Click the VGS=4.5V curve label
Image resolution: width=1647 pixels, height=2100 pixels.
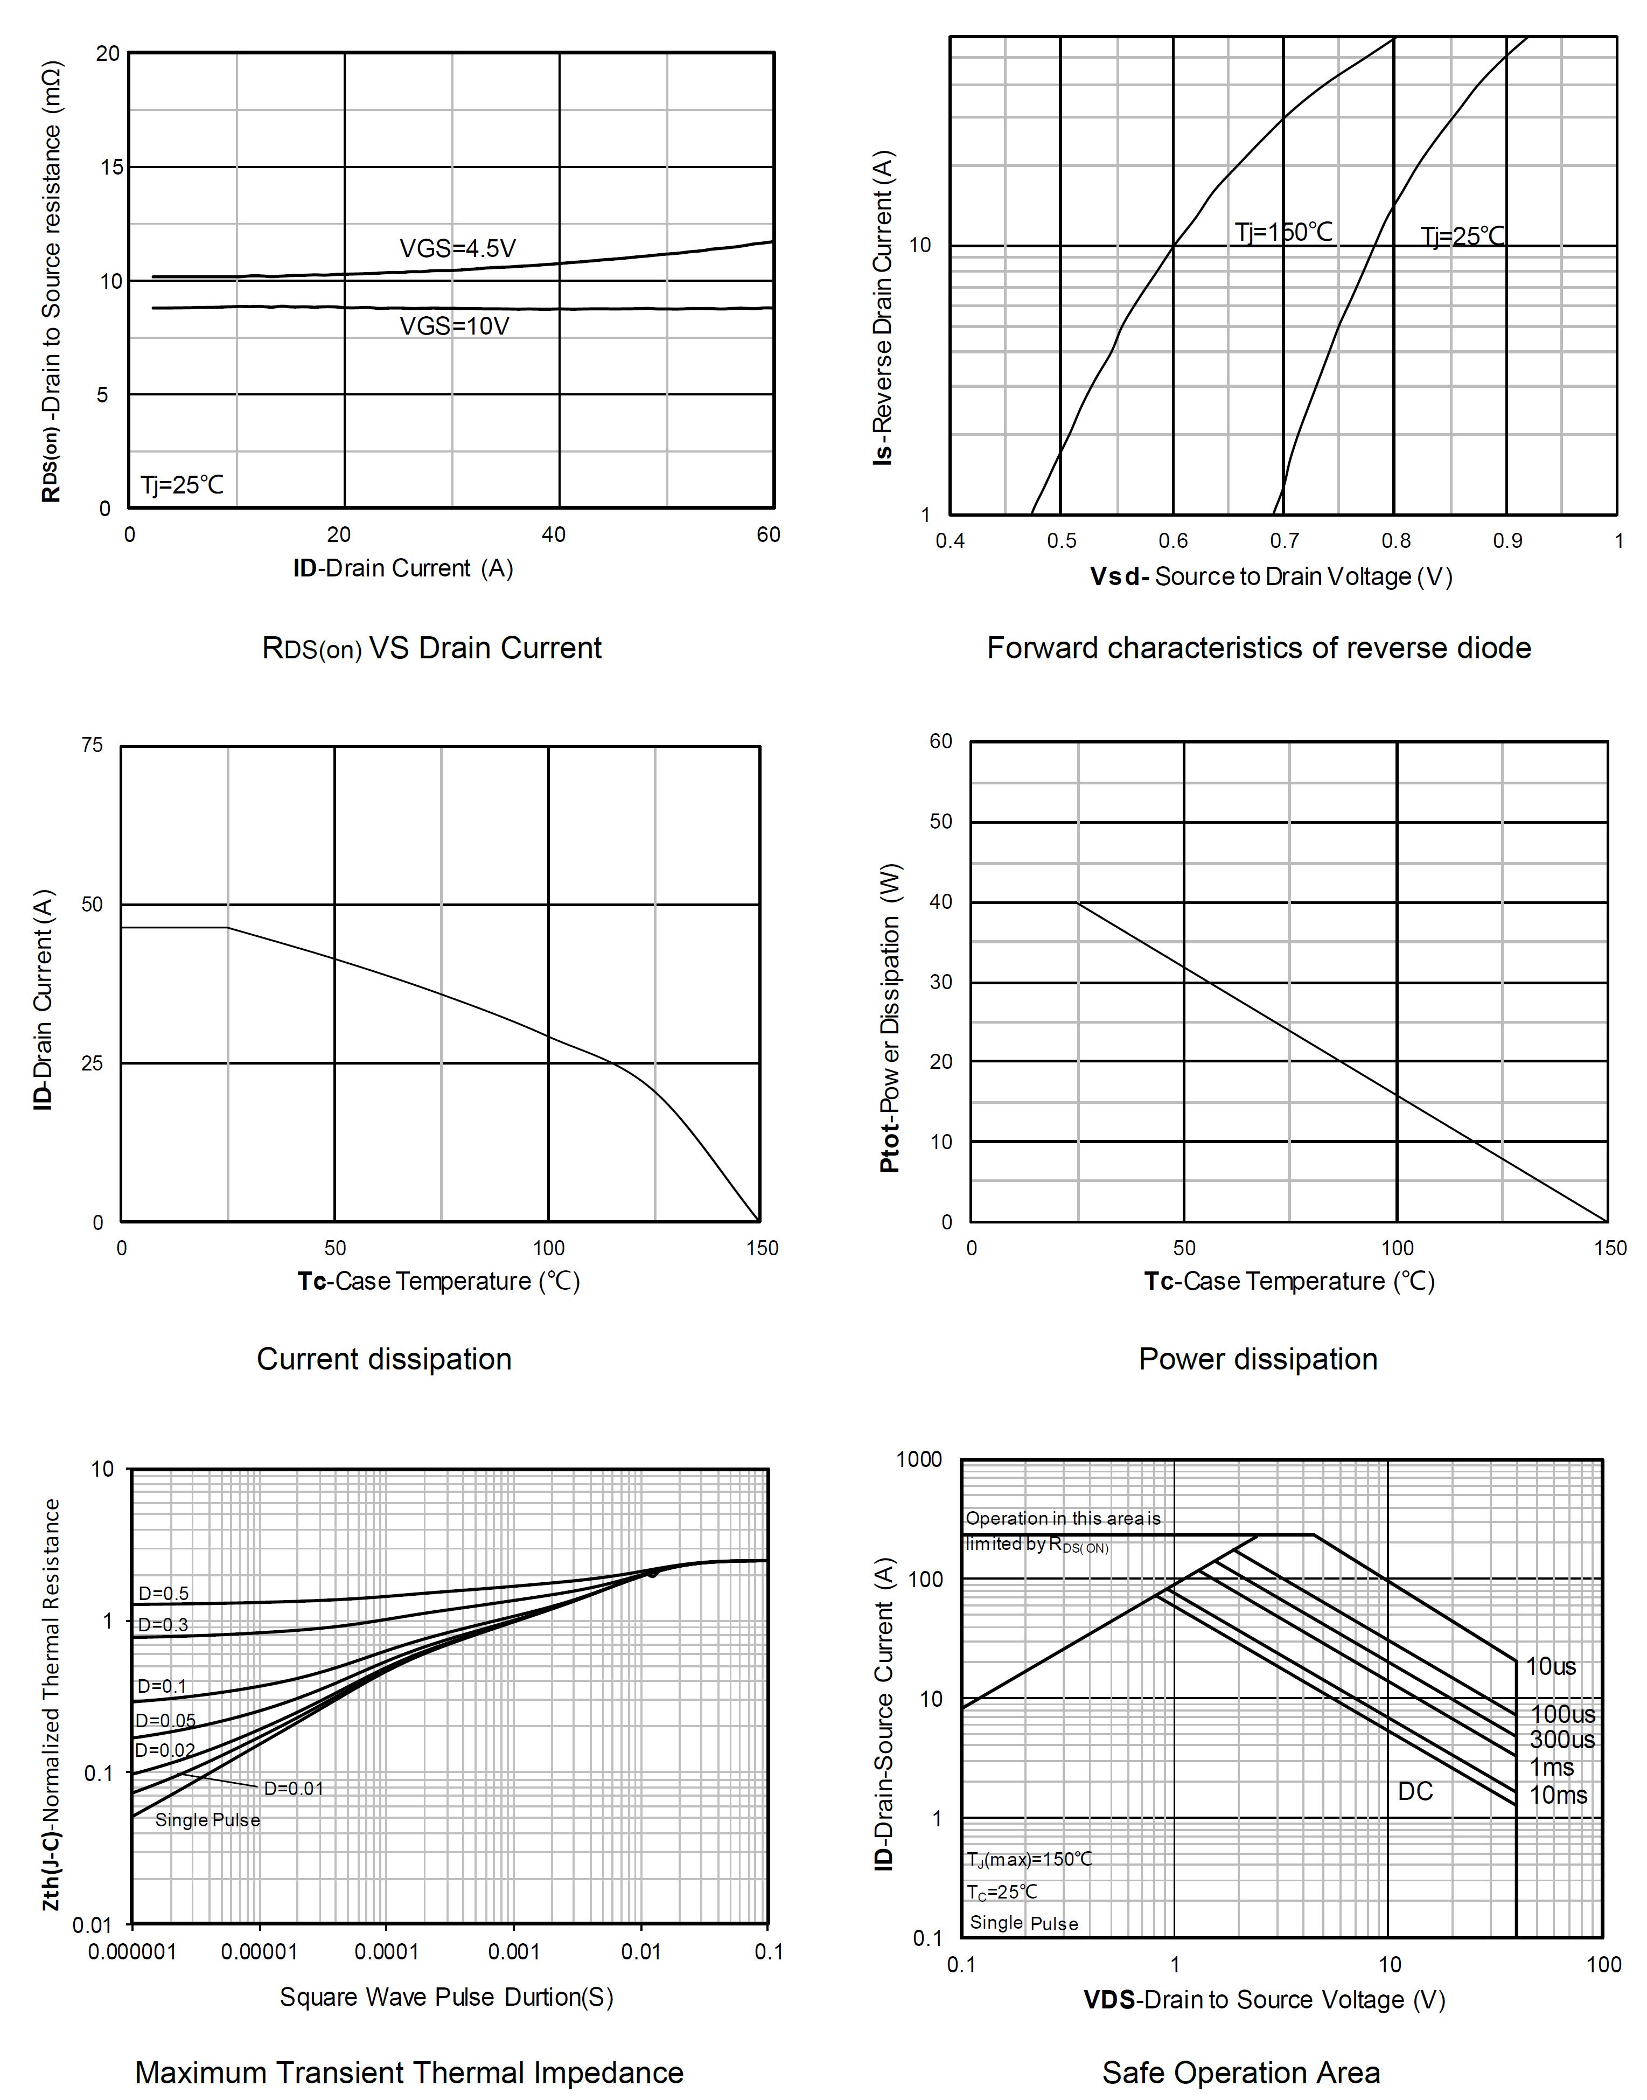click(x=457, y=249)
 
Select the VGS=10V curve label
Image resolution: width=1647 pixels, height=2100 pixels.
click(x=454, y=326)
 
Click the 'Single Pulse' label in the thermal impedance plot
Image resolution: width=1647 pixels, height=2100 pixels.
click(x=207, y=1820)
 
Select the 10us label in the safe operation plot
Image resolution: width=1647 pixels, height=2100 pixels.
click(x=1551, y=1666)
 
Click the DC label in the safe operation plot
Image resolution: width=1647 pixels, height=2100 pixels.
click(x=1415, y=1791)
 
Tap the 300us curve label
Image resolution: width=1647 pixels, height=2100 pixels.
click(x=1562, y=1739)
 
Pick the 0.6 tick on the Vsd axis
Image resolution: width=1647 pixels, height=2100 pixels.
click(x=1173, y=541)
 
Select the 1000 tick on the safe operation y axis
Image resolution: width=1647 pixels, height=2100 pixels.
click(x=919, y=1459)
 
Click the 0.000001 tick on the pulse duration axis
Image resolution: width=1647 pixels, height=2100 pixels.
click(x=132, y=1952)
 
